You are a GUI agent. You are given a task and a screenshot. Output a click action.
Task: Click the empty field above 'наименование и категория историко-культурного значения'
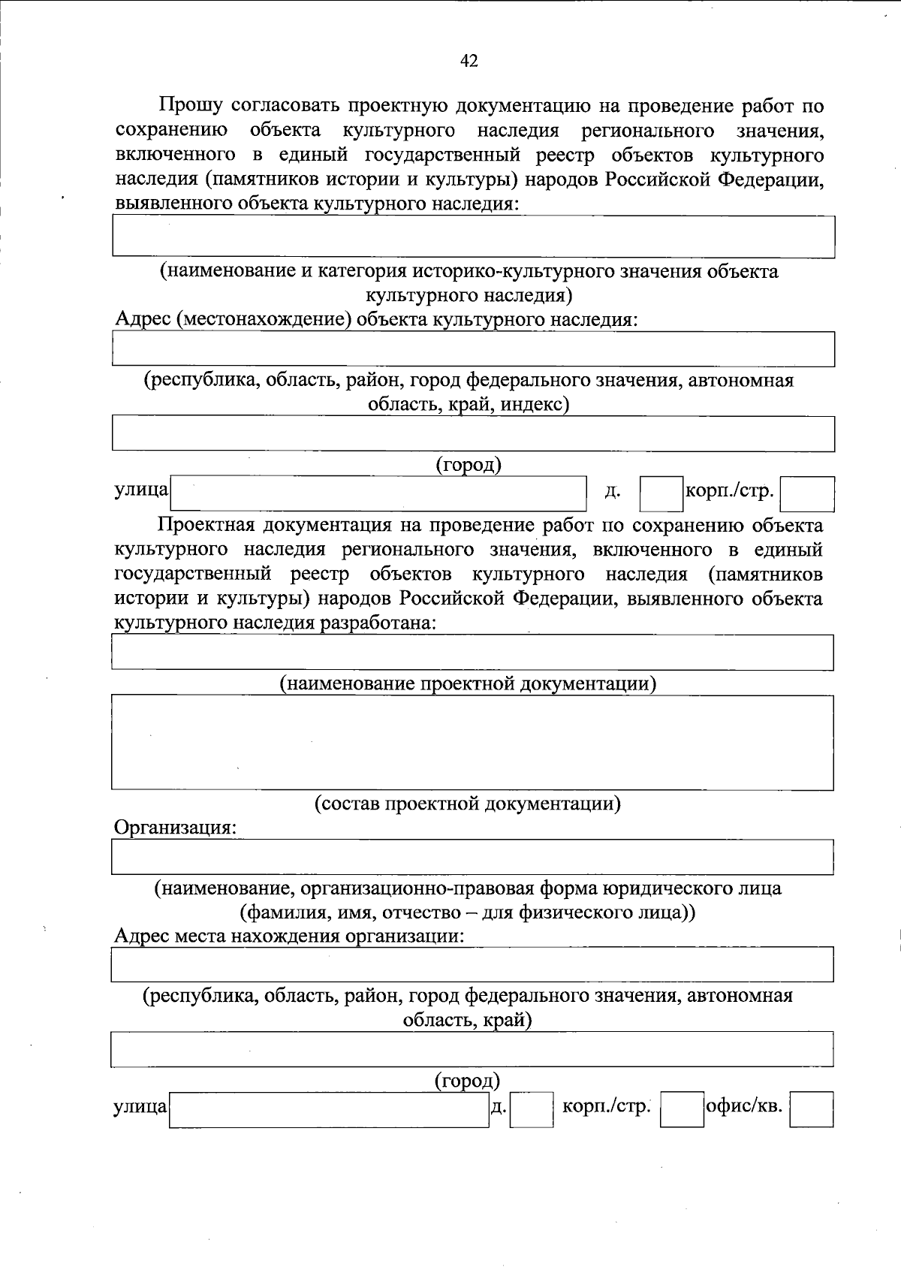[x=473, y=237]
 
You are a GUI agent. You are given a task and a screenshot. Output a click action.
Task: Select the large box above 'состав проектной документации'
[x=472, y=742]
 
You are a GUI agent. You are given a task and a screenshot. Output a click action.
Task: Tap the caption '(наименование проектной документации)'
[x=469, y=683]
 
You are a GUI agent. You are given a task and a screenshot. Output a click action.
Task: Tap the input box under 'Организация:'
[x=472, y=857]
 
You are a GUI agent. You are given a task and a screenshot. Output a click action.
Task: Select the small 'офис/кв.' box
[x=812, y=1109]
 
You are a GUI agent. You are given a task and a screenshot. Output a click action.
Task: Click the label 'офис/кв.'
[x=744, y=1106]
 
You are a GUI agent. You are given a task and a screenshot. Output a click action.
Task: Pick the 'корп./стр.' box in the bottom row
[x=682, y=1109]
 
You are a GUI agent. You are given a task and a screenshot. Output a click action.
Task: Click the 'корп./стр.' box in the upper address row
[x=807, y=494]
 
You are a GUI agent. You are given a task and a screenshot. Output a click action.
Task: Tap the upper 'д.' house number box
[x=661, y=494]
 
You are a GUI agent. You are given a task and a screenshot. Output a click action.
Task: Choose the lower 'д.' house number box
[x=532, y=1109]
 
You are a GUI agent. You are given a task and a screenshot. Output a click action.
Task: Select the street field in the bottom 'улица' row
[x=329, y=1109]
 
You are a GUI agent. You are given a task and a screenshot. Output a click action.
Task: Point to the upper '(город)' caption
[x=469, y=465]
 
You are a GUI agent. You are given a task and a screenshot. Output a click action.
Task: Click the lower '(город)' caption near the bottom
[x=467, y=1081]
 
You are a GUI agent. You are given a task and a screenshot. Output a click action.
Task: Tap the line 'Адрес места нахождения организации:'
[x=289, y=937]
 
